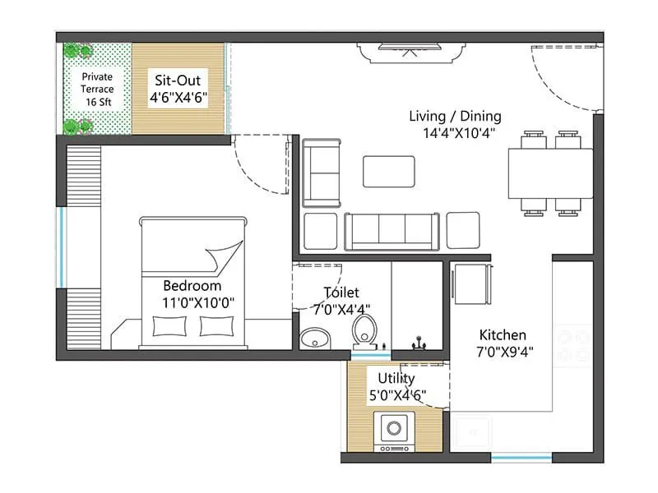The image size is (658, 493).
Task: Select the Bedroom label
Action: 192,286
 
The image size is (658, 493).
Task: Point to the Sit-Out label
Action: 178,81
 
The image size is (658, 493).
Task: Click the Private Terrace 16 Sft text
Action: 97,90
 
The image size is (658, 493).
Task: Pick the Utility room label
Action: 396,378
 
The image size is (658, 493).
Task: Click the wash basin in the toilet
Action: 313,338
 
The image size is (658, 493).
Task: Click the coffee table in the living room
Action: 389,171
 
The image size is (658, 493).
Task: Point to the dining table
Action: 550,173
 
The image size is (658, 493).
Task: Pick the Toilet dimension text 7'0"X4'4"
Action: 342,309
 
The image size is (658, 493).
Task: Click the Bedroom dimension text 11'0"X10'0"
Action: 199,302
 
